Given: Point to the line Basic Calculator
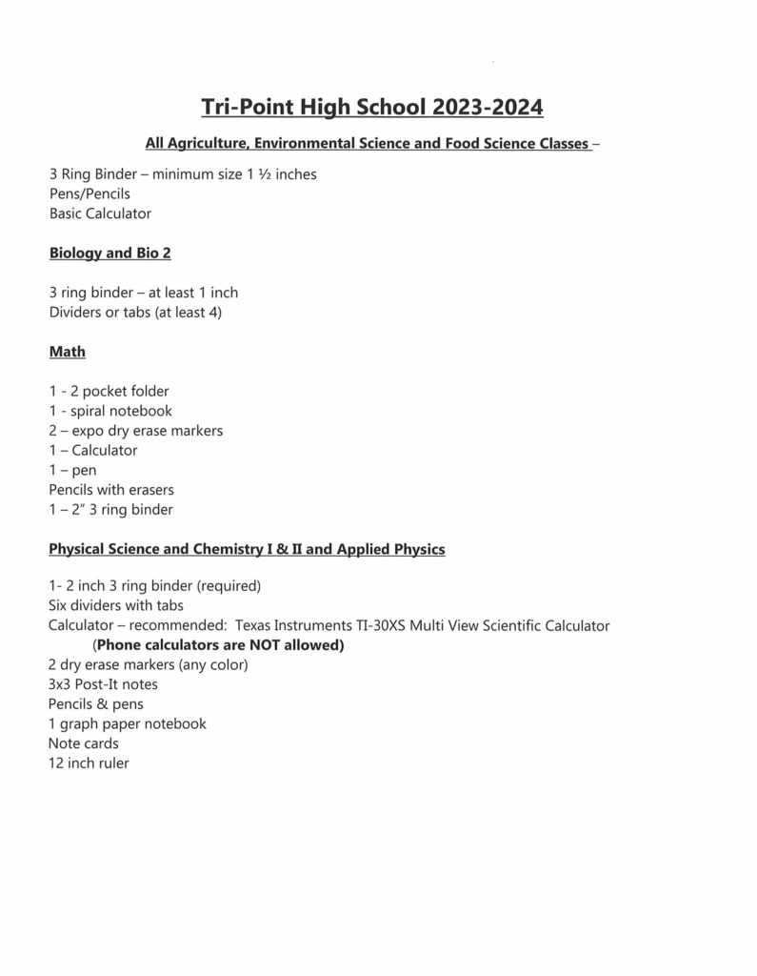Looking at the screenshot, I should (100, 213).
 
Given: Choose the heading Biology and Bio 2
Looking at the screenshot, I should (110, 254).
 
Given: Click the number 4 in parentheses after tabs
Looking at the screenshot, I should (212, 312).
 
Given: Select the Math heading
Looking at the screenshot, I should (67, 352).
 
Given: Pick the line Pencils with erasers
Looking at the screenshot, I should (110, 490).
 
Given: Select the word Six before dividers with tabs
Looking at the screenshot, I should (60, 605).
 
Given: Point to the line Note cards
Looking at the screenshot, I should (84, 743).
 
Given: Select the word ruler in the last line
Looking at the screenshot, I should (110, 763).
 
